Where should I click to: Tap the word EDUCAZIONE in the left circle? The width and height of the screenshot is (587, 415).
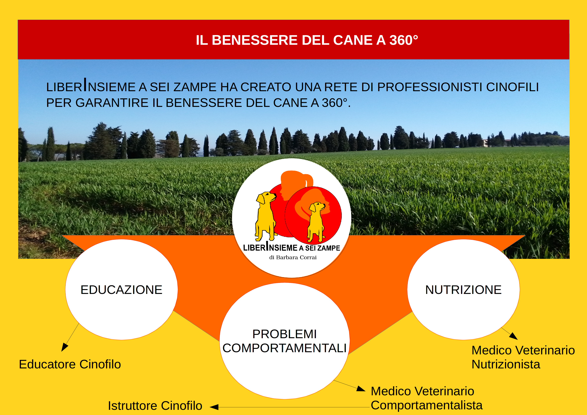(x=121, y=290)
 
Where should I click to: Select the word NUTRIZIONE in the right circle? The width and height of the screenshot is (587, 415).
(x=463, y=290)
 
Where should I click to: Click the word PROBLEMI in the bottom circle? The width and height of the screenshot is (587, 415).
(x=284, y=334)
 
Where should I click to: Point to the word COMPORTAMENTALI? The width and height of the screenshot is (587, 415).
(x=284, y=348)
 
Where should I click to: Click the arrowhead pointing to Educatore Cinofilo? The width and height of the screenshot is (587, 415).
(x=64, y=348)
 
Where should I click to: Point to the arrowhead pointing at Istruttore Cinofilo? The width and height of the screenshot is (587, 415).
(x=214, y=407)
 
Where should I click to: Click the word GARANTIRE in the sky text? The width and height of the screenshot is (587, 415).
(x=112, y=103)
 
